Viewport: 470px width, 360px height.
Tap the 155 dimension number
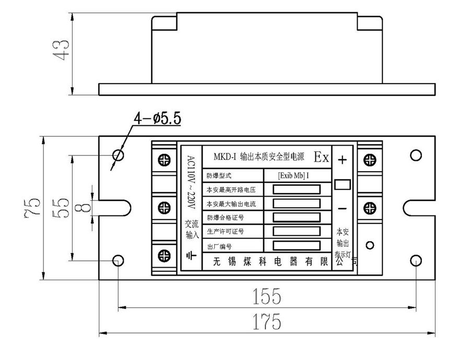tap(267, 296)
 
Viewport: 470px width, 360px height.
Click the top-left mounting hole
tap(119, 155)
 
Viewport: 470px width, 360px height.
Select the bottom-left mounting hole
tap(119, 260)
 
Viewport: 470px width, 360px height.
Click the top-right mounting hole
tap(416, 155)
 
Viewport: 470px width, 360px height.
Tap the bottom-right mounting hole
tap(416, 260)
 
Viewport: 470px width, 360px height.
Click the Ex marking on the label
tap(321, 157)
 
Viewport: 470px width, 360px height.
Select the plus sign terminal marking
tap(342, 160)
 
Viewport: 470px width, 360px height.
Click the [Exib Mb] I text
tap(293, 175)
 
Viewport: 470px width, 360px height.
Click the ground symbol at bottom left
tap(191, 256)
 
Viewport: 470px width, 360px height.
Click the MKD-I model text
tap(225, 156)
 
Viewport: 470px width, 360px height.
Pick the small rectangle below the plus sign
tap(342, 184)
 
